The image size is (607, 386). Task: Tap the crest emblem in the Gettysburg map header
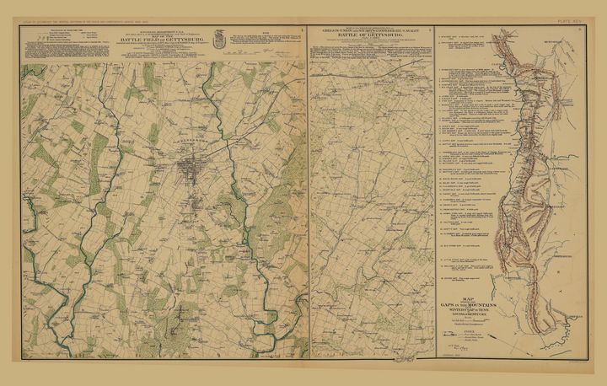click(219, 37)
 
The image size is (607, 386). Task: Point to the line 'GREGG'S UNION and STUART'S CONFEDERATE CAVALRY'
click(369, 32)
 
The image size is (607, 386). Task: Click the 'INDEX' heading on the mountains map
click(463, 333)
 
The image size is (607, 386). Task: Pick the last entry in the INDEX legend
click(463, 349)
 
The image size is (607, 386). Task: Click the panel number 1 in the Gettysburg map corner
click(301, 29)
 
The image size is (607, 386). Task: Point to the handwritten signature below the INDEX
click(460, 361)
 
